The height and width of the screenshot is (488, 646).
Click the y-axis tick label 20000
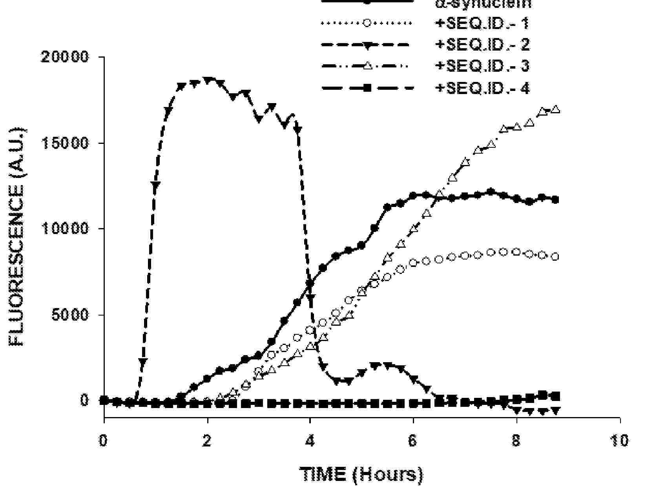(66, 57)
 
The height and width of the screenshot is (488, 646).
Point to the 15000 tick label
(66, 143)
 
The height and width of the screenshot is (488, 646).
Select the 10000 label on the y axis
(66, 229)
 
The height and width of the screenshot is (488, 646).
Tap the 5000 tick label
(71, 315)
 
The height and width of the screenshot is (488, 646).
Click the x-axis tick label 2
(207, 441)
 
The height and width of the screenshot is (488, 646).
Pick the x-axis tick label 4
(310, 441)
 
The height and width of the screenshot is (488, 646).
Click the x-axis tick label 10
(619, 441)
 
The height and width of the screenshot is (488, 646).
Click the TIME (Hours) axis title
(361, 475)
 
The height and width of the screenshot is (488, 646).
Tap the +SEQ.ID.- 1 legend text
(482, 24)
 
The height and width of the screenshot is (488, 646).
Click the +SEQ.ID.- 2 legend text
(482, 45)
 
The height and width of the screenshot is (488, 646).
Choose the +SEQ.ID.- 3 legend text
(482, 66)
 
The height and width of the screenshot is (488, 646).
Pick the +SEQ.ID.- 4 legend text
(482, 88)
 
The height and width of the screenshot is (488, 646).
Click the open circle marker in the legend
(367, 22)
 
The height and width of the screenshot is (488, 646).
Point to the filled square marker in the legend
(367, 88)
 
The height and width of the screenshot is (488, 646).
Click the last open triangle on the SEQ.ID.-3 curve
(555, 109)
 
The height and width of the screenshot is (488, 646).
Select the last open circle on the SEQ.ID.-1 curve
(555, 257)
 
